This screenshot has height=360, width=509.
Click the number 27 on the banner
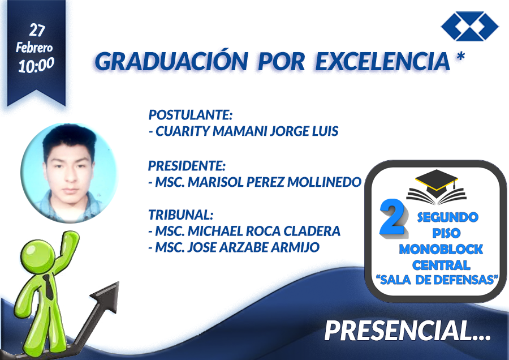tap(37, 30)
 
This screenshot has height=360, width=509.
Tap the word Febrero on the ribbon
tap(34, 48)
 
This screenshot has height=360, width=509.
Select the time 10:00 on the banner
tap(36, 65)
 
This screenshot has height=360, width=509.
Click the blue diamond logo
tap(470, 26)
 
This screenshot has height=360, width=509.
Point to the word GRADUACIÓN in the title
tap(171, 61)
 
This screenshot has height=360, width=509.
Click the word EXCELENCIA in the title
tap(383, 61)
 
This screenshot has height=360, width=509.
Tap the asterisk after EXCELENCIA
tap(460, 56)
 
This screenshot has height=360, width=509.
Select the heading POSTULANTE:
tap(191, 115)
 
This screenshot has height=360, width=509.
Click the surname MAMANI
tap(240, 131)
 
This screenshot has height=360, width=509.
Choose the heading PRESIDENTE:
tap(187, 166)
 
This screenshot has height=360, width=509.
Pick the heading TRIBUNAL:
tap(180, 215)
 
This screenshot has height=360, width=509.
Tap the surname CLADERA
tap(312, 231)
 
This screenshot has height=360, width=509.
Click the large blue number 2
tap(393, 218)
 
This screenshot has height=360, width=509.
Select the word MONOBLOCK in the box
tap(441, 249)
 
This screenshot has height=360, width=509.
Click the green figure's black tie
tap(49, 287)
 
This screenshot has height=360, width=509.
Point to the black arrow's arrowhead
tap(106, 296)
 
